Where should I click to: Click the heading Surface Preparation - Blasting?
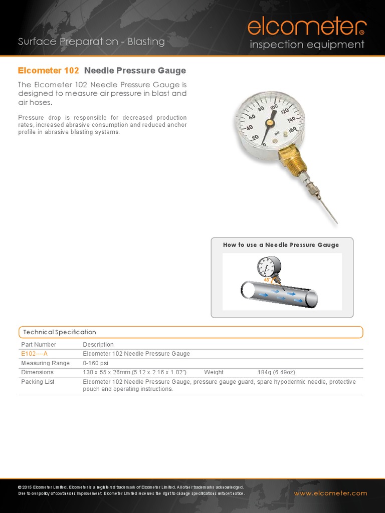coord(91,42)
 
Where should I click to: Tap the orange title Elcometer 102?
coord(48,71)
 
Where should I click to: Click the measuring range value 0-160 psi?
coord(95,363)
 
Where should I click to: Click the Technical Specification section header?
coord(59,332)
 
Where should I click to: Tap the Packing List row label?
coord(38,382)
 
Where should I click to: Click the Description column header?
coord(98,345)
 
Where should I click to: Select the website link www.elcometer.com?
coord(330,493)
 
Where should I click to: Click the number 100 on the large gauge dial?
coord(274,107)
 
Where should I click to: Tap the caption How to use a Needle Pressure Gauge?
coord(281,245)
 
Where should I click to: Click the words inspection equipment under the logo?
coord(307,45)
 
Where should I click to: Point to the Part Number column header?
coord(39,345)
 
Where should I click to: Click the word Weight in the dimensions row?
coord(214,373)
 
